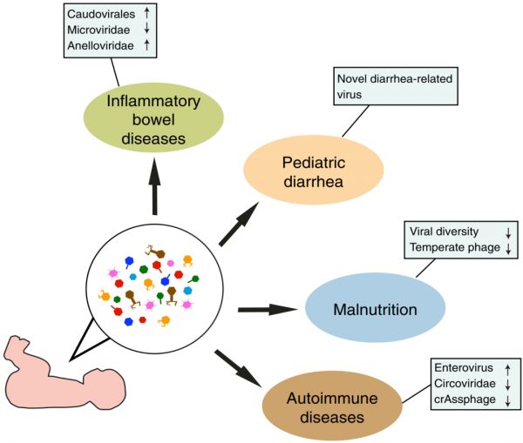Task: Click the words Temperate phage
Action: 450,247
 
